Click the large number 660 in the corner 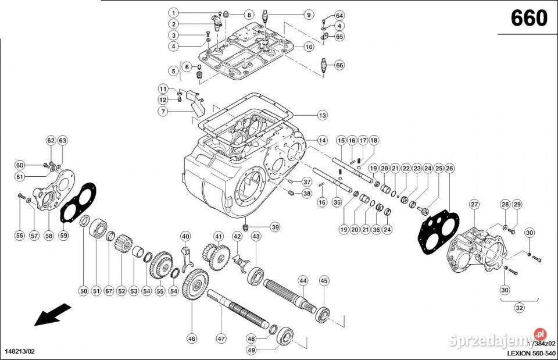528,19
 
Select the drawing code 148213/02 24,352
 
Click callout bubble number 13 322,115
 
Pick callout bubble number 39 274,227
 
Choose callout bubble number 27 474,204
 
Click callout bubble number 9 308,15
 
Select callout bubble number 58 49,236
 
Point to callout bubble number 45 324,280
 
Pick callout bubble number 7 164,111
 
